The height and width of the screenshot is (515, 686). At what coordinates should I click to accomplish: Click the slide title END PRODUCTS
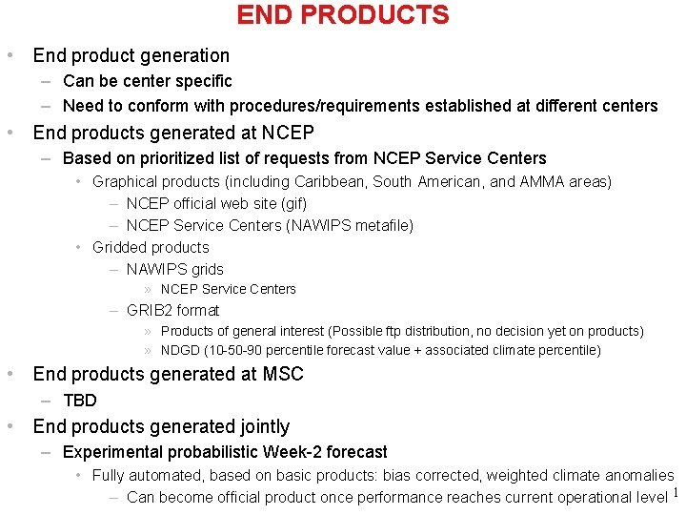click(x=343, y=15)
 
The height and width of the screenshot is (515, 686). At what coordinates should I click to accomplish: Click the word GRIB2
click(x=150, y=310)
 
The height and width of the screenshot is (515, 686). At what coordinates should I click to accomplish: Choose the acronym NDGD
click(x=180, y=350)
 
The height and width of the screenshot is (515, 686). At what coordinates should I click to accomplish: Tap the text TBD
click(x=80, y=401)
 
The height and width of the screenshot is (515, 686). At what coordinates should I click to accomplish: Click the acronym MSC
click(x=283, y=374)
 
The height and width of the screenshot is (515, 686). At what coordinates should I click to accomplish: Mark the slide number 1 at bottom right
click(x=676, y=493)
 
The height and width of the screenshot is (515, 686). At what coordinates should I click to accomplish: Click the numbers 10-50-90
click(x=242, y=350)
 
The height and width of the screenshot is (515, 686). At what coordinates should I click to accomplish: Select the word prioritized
click(x=171, y=158)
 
